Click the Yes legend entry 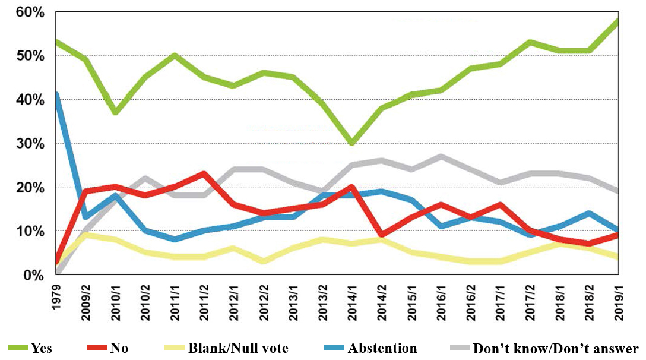click(41, 348)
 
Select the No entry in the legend click(119, 348)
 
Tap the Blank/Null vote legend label click(237, 348)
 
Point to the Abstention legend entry click(382, 348)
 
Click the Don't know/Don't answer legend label click(555, 348)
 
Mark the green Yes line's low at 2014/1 click(352, 143)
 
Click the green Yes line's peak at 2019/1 click(618, 21)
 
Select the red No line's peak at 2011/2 click(204, 174)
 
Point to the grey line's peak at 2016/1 click(441, 156)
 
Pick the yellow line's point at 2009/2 click(87, 235)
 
